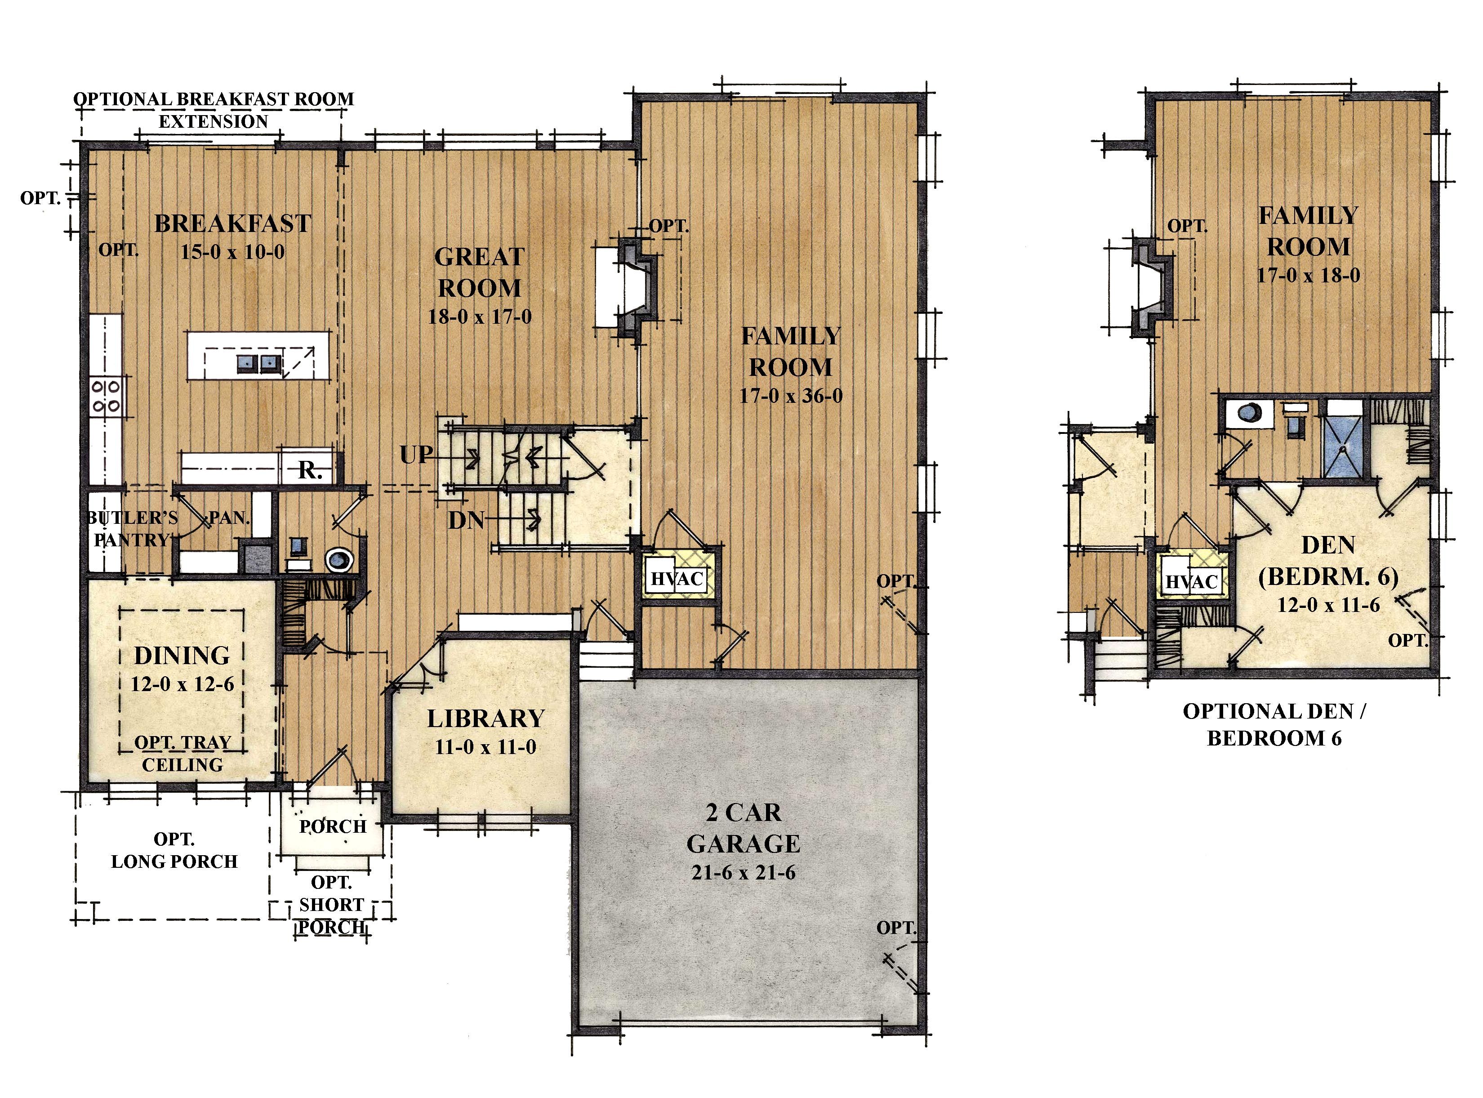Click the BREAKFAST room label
pyautogui.click(x=232, y=223)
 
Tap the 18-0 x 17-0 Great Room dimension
pyautogui.click(x=480, y=317)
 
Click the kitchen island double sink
pyautogui.click(x=258, y=363)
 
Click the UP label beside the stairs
pyautogui.click(x=417, y=455)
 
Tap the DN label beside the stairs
pyautogui.click(x=467, y=520)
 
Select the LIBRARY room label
pyautogui.click(x=485, y=719)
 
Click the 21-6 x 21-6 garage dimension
pyautogui.click(x=744, y=873)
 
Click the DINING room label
pyautogui.click(x=182, y=656)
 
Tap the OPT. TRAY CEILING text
pyautogui.click(x=183, y=754)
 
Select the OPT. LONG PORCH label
pyautogui.click(x=174, y=850)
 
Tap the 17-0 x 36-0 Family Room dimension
pyautogui.click(x=791, y=396)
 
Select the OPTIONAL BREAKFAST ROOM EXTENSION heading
pyautogui.click(x=213, y=110)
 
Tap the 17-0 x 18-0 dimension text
pyautogui.click(x=1308, y=275)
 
